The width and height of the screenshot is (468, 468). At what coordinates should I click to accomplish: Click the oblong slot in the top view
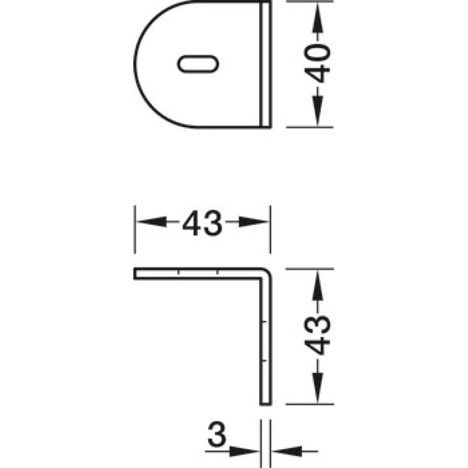click(x=198, y=64)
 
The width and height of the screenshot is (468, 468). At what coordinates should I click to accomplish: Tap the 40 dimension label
click(x=317, y=63)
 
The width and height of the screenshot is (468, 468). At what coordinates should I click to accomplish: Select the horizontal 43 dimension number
click(x=202, y=223)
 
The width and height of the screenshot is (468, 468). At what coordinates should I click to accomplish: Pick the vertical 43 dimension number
click(x=317, y=335)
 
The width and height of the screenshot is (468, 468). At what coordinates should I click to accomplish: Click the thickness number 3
click(x=216, y=434)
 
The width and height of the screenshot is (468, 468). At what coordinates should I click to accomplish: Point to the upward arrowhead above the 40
click(x=318, y=18)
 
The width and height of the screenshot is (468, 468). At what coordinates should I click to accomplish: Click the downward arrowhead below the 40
click(x=318, y=111)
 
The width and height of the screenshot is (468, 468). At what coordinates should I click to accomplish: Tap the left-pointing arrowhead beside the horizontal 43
click(x=151, y=222)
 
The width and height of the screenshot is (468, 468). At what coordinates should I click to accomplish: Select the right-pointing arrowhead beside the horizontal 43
click(x=254, y=222)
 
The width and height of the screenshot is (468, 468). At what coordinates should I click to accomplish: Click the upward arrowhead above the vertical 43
click(x=318, y=285)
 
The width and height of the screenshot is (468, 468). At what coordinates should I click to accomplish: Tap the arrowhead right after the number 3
click(x=244, y=451)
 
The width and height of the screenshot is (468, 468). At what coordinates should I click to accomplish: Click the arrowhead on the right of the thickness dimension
click(x=287, y=451)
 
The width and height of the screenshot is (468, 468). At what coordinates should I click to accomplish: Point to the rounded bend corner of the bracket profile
click(x=267, y=273)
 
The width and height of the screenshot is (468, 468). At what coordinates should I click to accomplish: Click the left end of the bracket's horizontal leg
click(x=135, y=273)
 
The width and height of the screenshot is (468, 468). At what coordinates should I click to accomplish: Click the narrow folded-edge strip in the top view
click(x=266, y=64)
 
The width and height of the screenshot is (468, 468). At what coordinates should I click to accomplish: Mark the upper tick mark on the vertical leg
click(x=263, y=322)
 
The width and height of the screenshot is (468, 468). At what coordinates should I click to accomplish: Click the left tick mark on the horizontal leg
click(x=178, y=271)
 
